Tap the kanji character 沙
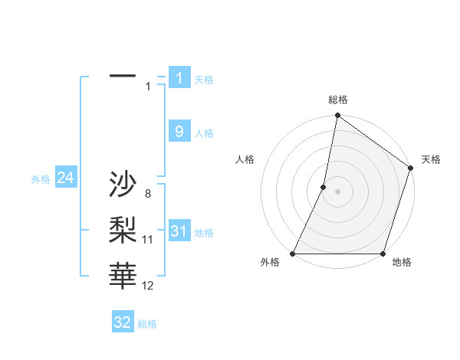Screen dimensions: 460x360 [x=123, y=185]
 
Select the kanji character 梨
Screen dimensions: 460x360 [x=123, y=230]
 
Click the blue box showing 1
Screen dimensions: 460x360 [x=179, y=78]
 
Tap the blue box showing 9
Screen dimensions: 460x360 [x=179, y=132]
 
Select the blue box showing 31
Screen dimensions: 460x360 [x=179, y=231]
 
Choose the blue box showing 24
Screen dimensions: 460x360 [x=65, y=178]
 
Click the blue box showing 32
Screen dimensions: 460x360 [x=123, y=322]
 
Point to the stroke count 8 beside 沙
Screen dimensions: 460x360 [x=147, y=194]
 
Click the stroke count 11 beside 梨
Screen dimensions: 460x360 [x=148, y=240]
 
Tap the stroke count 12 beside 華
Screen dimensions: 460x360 [x=148, y=286]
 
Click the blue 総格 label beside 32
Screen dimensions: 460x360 [x=147, y=324]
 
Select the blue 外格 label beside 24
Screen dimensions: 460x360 [x=41, y=179]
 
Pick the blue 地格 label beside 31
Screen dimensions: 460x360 [x=204, y=233]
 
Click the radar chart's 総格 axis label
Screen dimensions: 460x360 [x=338, y=100]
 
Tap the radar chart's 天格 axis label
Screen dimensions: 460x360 [x=431, y=159]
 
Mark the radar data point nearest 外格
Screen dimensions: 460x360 [x=293, y=254]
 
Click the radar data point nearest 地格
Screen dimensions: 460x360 [x=383, y=254]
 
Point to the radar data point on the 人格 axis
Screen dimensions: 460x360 [x=324, y=187]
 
